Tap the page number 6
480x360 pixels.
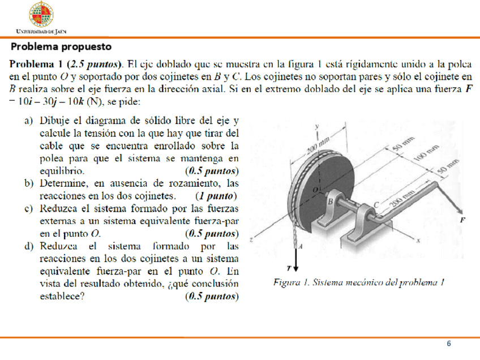point(449,344)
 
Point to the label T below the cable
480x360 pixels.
point(289,268)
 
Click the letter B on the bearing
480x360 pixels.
point(331,200)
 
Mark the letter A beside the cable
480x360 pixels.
point(300,246)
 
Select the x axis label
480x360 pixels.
point(419,241)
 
